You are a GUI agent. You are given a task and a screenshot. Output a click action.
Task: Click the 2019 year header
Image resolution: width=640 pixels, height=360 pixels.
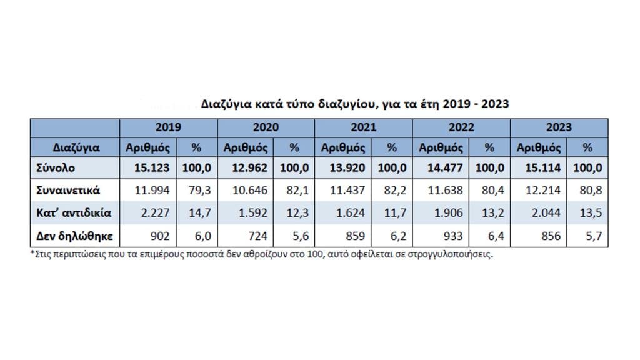coord(168,127)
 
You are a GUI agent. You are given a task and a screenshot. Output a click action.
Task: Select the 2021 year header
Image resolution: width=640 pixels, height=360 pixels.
coord(363,127)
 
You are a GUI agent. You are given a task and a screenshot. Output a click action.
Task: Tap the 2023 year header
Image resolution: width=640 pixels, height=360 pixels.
coord(559,127)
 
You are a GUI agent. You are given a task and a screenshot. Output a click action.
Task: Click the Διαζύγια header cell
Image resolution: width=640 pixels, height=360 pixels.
coord(76,147)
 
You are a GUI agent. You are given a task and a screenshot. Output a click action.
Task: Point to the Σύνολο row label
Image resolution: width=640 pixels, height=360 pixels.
coord(56,167)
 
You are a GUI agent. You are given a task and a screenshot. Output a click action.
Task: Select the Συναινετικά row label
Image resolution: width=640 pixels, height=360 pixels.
coord(68,190)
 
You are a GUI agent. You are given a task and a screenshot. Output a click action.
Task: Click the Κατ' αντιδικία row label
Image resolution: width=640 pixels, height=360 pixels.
coord(74,212)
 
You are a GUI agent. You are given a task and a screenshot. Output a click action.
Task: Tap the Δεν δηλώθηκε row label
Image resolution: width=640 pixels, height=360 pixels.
coord(75,236)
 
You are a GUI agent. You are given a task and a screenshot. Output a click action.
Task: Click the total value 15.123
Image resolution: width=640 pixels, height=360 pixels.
coord(152,167)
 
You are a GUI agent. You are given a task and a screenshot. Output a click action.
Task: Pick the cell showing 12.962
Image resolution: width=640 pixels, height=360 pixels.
coord(250,167)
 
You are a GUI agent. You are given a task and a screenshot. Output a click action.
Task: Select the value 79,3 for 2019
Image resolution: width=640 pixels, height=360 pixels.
coord(199,190)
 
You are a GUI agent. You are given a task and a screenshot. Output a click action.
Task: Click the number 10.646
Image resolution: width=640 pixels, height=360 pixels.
coord(250,190)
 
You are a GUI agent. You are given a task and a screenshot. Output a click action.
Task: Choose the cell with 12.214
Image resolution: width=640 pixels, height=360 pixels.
coord(543,190)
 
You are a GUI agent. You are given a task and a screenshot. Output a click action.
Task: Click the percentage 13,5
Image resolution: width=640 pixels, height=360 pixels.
coord(591,212)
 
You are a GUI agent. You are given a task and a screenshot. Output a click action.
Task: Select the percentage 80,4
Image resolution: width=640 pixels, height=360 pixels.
coord(493,190)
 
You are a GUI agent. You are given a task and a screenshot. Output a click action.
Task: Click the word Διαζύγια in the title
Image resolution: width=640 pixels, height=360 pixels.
coord(226,104)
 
